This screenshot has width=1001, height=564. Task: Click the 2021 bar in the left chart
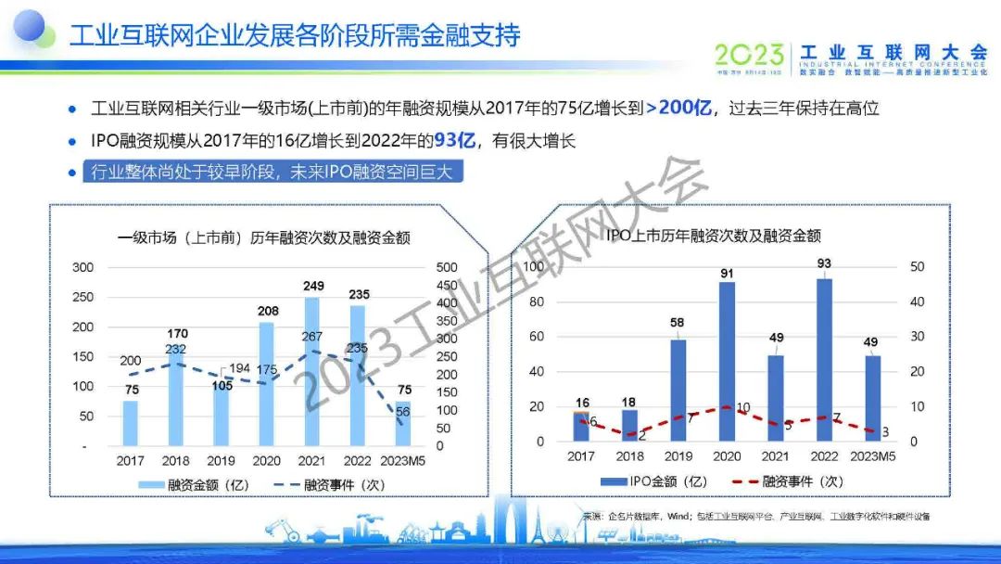click(311, 371)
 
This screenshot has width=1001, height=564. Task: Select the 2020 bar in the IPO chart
click(727, 362)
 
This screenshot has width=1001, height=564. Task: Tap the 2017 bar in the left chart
click(131, 423)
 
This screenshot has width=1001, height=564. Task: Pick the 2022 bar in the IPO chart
click(824, 360)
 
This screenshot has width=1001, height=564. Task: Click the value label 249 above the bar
click(313, 287)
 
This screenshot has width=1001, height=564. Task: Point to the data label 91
click(728, 273)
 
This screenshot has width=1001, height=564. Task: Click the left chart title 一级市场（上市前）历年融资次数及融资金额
click(264, 237)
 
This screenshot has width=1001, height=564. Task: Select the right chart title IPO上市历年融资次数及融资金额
click(714, 236)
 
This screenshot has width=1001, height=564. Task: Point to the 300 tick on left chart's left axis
click(83, 267)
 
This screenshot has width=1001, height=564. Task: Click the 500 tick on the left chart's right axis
click(448, 267)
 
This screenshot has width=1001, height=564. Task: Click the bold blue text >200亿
click(678, 109)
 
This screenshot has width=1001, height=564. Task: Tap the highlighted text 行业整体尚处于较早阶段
click(176, 173)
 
